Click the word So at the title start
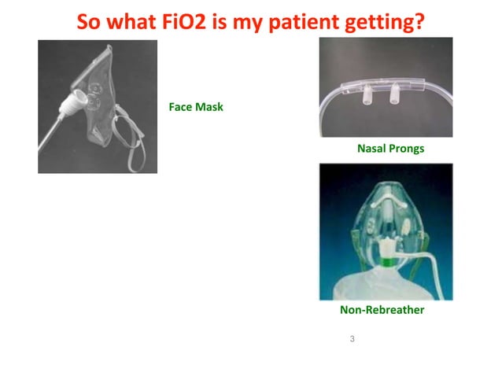click(89, 21)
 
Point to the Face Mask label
click(196, 106)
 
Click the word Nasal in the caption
click(372, 148)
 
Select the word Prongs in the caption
click(407, 148)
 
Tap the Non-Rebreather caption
click(382, 310)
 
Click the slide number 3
click(352, 339)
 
